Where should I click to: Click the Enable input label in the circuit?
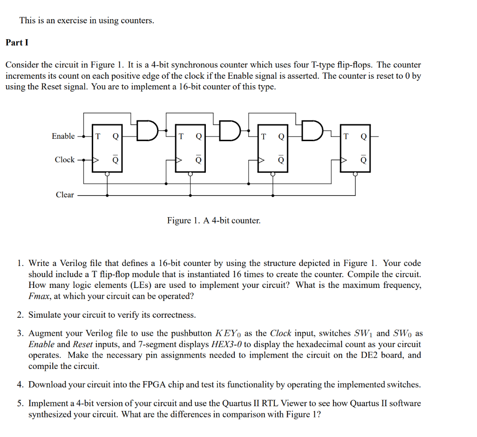63,136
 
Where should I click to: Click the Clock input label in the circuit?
64,159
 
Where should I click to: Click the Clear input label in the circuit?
65,195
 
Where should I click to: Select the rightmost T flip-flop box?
355,148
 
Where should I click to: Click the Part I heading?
17,42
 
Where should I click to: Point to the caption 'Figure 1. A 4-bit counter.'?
214,220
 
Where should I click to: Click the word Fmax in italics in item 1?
40,296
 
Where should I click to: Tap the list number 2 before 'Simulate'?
20,315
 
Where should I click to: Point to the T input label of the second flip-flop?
181,137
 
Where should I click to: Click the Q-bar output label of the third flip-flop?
280,159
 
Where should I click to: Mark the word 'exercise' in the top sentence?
72,21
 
